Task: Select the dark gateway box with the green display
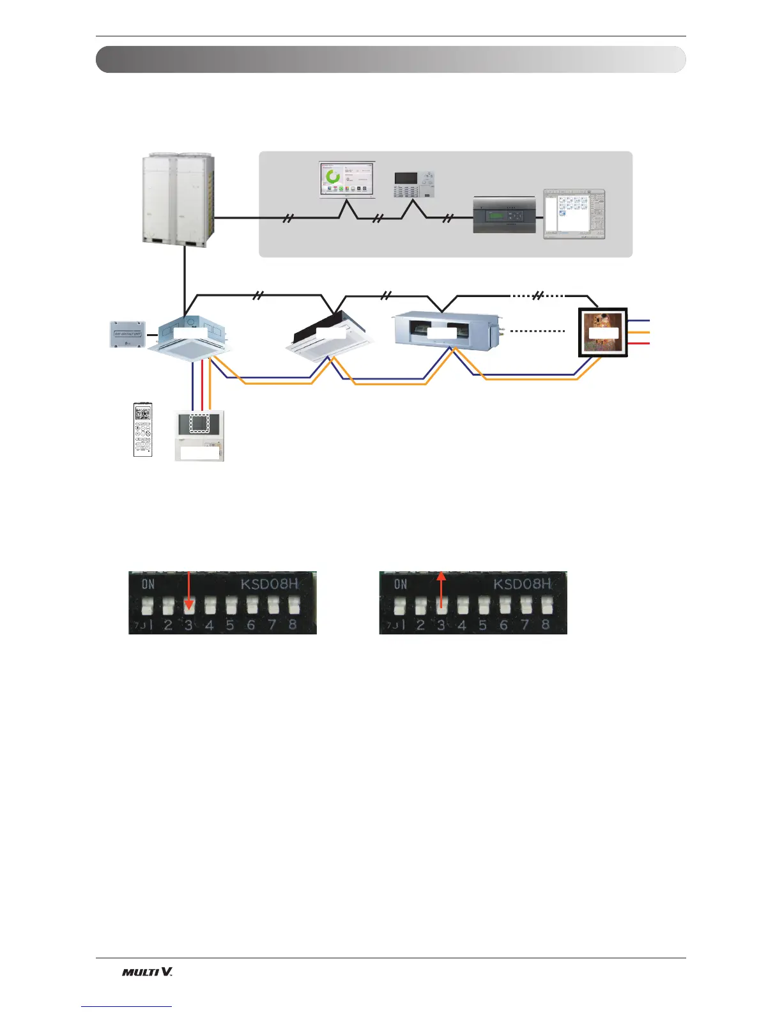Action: click(504, 215)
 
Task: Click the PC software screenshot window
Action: click(573, 214)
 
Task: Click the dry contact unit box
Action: click(128, 334)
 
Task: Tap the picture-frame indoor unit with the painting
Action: click(603, 333)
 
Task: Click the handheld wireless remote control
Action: click(143, 429)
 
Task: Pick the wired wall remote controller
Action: click(200, 434)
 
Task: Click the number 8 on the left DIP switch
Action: click(293, 625)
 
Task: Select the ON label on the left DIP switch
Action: click(148, 583)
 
